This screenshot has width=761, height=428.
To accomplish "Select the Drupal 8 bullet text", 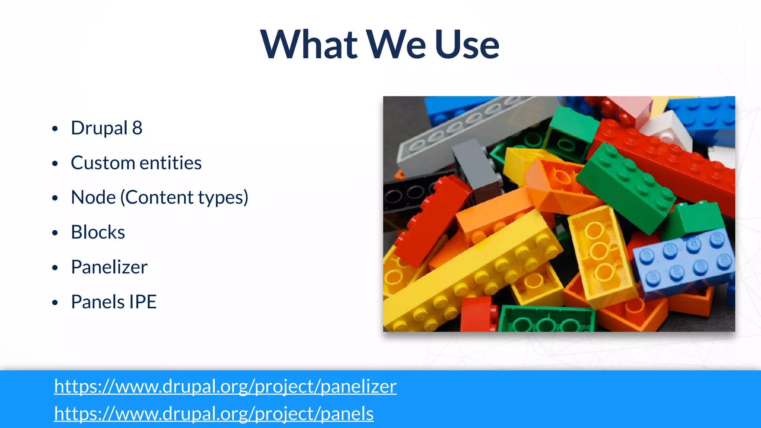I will pos(107,128).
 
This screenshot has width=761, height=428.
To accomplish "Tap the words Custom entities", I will pos(136,163).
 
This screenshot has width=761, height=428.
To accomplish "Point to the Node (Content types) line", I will pos(159,198).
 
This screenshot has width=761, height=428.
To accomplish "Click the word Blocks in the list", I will pos(98,233).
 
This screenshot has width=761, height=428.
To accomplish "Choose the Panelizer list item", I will pos(109,267).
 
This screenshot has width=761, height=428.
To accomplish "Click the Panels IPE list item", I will pos(114,302).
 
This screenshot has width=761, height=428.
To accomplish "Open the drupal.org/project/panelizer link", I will pos(225,386).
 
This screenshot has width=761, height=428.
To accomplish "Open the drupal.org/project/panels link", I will pos(214,414).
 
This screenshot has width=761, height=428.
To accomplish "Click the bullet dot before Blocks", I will pos(55,233).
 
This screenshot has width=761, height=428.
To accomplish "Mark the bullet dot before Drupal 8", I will pos(55,129).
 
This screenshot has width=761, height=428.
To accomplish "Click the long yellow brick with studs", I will pos(472,275).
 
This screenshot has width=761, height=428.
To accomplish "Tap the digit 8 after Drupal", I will pos(137,128).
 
